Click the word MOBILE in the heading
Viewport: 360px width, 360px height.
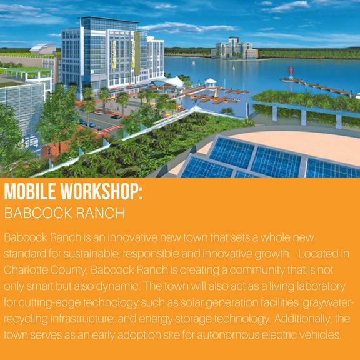tap(30, 192)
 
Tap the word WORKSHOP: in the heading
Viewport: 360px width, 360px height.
tap(102, 192)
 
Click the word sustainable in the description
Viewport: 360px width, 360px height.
tap(91, 254)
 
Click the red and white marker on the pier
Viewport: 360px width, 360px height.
tap(291, 70)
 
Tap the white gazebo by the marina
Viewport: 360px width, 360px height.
tap(210, 82)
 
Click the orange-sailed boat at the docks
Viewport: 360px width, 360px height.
tap(216, 93)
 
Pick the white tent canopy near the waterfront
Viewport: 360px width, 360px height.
tap(172, 81)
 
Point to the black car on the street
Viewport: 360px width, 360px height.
tap(115, 117)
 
